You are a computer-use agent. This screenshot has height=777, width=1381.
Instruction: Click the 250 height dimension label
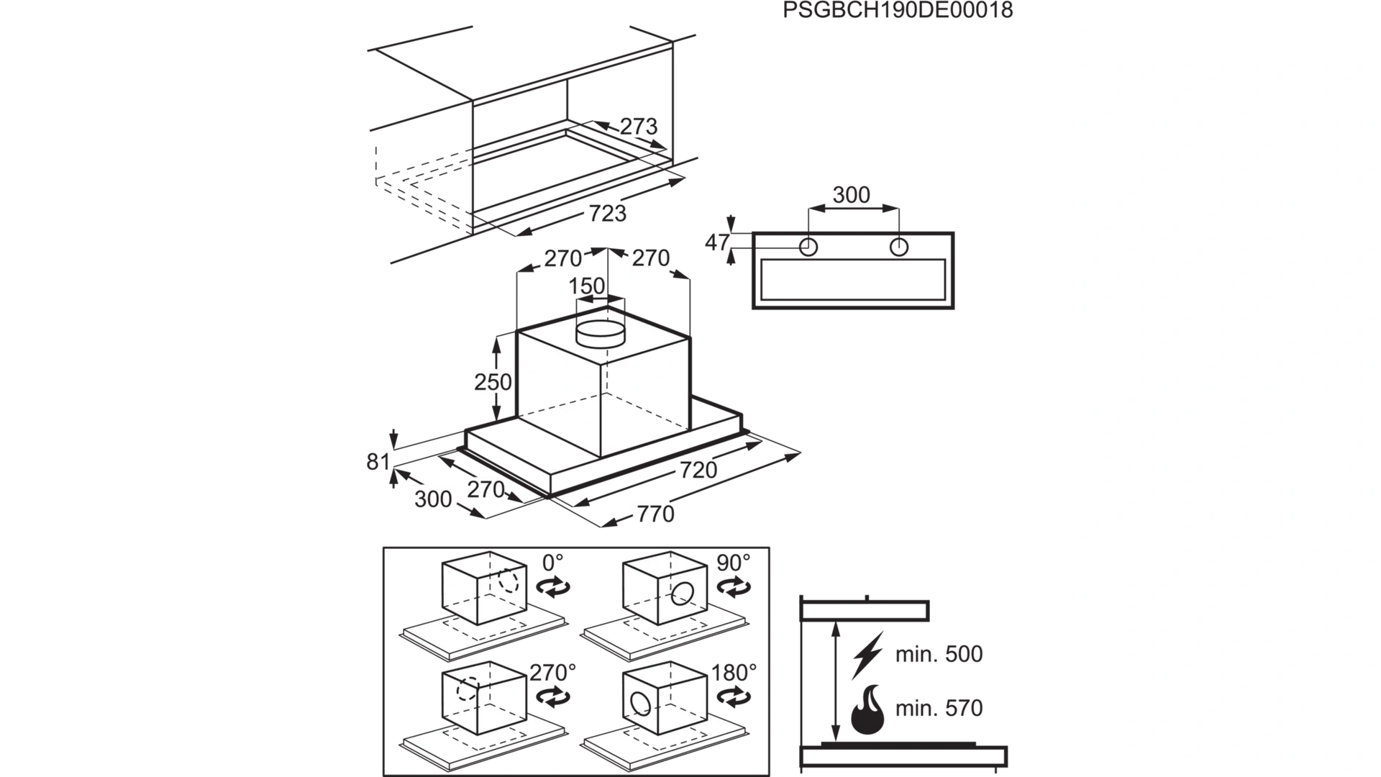[492, 381]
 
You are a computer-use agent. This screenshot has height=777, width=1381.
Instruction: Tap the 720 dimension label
[696, 471]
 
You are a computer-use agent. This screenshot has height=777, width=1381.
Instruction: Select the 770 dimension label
[653, 514]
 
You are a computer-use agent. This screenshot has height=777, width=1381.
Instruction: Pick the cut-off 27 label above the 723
[633, 127]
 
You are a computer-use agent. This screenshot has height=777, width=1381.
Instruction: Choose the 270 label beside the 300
[486, 489]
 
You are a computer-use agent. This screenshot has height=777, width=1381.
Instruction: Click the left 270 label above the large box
[564, 258]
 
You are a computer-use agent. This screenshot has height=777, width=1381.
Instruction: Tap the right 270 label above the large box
[650, 258]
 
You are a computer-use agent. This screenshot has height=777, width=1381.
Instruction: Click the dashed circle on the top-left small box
[508, 581]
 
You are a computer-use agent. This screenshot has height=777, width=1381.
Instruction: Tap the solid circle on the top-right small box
[682, 594]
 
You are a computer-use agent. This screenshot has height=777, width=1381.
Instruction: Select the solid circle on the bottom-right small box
[640, 703]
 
